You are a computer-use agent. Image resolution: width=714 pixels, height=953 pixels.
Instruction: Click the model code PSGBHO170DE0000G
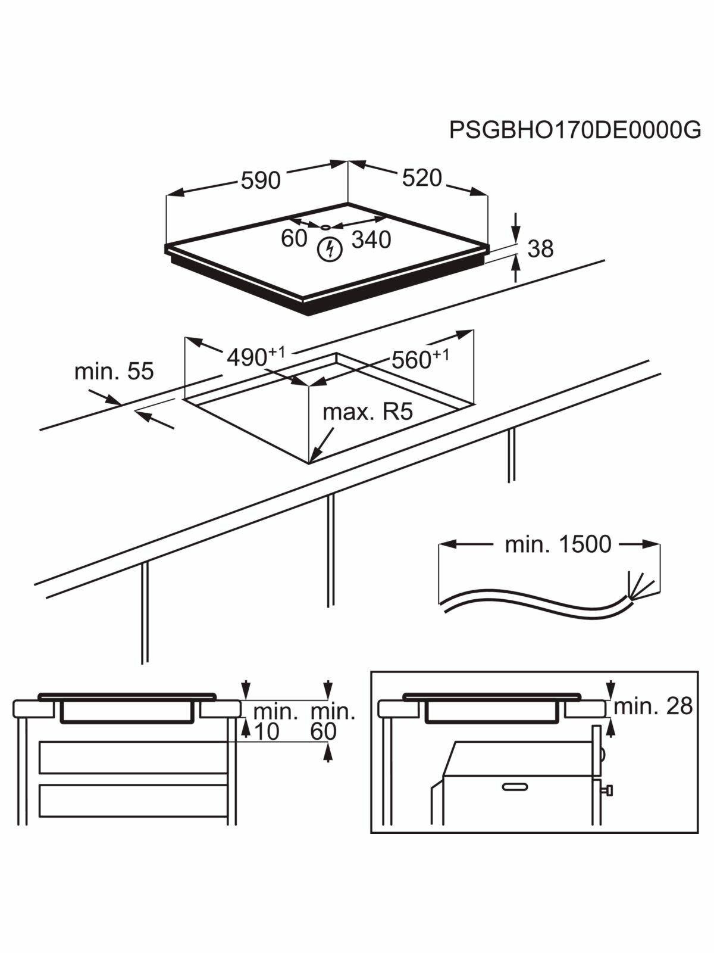[x=575, y=129]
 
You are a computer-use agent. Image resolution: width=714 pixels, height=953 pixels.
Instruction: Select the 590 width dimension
[x=260, y=180]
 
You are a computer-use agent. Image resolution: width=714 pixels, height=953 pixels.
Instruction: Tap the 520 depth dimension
[x=422, y=178]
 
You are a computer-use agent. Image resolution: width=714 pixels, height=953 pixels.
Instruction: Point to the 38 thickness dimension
[x=540, y=249]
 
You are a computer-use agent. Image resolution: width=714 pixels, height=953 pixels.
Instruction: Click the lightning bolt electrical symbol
[x=330, y=249]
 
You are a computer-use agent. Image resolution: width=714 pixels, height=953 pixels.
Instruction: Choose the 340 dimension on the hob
[x=371, y=240]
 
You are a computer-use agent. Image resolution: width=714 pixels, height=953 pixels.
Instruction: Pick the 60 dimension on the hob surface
[x=294, y=238]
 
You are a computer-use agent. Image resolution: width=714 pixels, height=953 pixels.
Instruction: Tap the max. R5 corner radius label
[x=367, y=412]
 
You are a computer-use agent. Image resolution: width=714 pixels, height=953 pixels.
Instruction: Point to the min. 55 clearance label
[x=114, y=371]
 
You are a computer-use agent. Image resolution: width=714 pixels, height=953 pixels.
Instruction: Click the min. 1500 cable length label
[x=558, y=544]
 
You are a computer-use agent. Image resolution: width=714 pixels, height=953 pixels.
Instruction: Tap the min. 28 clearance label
[x=653, y=706]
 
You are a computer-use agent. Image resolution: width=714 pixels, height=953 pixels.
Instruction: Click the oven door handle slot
[x=514, y=787]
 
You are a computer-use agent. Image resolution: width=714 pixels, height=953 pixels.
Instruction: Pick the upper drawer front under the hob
[x=133, y=758]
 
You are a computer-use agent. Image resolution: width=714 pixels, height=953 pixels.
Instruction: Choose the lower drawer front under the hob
[x=133, y=801]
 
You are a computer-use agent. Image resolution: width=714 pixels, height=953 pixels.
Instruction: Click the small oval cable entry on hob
[x=325, y=227]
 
